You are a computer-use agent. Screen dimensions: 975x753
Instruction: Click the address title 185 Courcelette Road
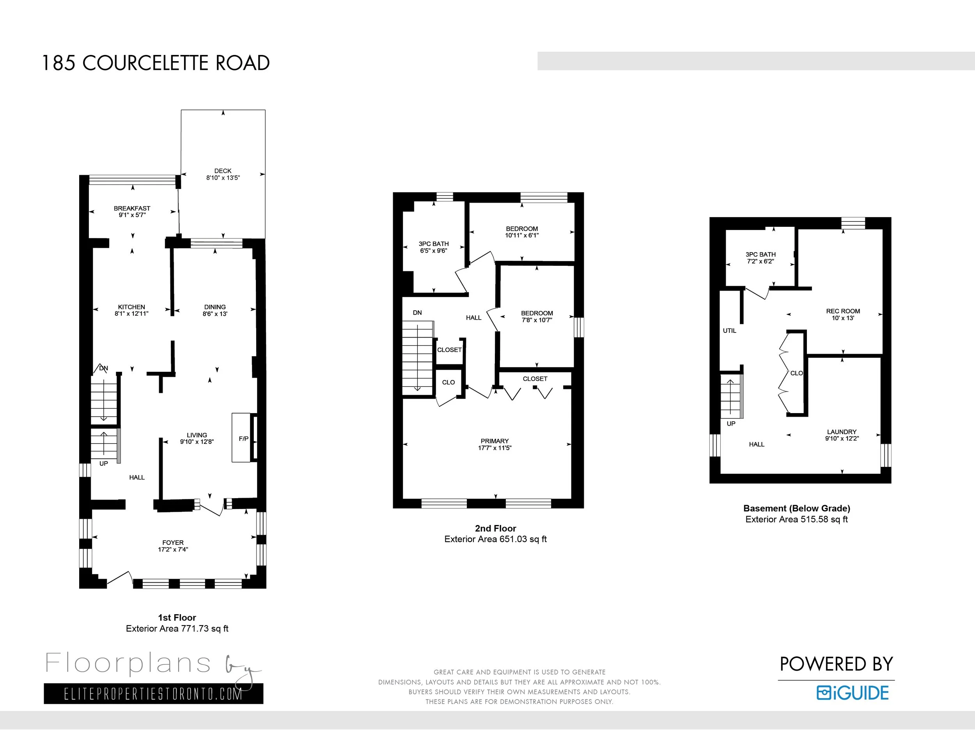(x=156, y=63)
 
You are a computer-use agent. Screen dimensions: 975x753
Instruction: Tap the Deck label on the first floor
(x=223, y=171)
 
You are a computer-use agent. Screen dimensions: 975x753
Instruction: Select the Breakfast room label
(x=132, y=209)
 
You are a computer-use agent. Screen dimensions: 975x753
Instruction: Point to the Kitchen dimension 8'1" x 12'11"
(x=131, y=314)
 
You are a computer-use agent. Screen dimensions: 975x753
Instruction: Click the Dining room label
(x=215, y=307)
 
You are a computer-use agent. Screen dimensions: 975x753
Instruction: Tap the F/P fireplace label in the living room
(x=244, y=439)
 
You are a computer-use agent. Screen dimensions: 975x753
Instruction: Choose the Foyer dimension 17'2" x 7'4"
(x=173, y=550)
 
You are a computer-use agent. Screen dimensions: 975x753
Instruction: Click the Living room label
(x=197, y=435)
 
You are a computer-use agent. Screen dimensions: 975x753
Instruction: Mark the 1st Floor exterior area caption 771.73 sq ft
(x=177, y=629)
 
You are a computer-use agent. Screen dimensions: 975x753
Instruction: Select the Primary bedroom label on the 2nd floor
(x=495, y=441)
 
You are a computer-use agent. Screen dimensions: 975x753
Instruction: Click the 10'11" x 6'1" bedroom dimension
(x=522, y=235)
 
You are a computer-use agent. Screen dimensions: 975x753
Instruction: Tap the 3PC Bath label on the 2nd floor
(x=433, y=244)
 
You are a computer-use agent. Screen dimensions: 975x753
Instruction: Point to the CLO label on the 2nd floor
(x=448, y=382)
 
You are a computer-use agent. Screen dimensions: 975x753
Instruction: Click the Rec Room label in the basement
(x=843, y=311)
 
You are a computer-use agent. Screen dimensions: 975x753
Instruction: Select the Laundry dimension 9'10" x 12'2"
(x=842, y=438)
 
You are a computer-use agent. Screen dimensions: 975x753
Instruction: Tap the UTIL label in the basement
(x=729, y=331)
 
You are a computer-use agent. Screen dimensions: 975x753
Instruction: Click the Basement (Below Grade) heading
(x=797, y=508)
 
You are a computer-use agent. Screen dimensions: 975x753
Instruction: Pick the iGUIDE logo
(x=853, y=693)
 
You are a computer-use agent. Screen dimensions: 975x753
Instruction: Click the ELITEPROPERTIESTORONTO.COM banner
(x=154, y=694)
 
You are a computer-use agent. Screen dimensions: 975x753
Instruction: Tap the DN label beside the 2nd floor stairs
(x=417, y=313)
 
